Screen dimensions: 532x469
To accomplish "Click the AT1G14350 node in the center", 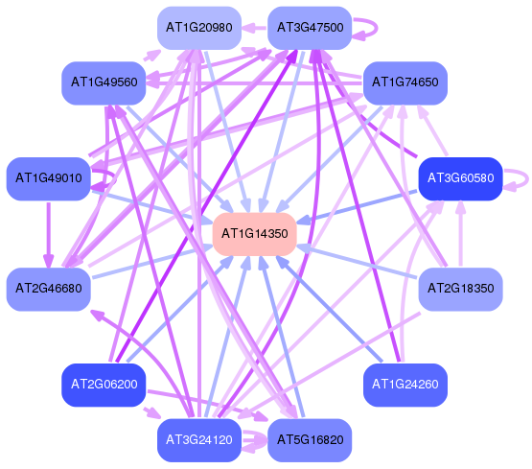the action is (254, 234).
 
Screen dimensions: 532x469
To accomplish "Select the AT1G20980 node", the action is (199, 28).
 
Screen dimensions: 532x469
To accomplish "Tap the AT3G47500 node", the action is (310, 28).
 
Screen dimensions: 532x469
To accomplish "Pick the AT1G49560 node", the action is (104, 82).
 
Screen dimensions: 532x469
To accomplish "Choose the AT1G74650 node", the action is (405, 82).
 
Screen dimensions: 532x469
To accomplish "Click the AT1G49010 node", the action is (49, 178).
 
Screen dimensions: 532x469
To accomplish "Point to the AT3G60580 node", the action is (460, 178).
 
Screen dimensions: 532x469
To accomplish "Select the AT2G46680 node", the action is (49, 289).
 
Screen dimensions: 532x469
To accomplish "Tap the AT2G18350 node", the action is (460, 289).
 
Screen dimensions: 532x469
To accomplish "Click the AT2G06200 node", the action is (104, 385).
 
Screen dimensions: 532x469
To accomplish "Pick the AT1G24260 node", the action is (405, 385).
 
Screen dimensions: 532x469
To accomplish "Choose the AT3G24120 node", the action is (199, 440).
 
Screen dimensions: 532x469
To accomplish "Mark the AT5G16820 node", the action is (310, 440).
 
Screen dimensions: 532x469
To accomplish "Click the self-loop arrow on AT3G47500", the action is (376, 28).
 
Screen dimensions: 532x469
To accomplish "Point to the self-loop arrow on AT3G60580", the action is (527, 178).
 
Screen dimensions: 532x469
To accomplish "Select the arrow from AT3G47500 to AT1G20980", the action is (254, 28).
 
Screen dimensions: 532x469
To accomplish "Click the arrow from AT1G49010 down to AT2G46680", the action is (49, 235).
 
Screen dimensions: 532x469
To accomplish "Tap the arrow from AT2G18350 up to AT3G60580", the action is (460, 233).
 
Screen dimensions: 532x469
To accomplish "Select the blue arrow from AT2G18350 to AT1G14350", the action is (357, 263).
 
